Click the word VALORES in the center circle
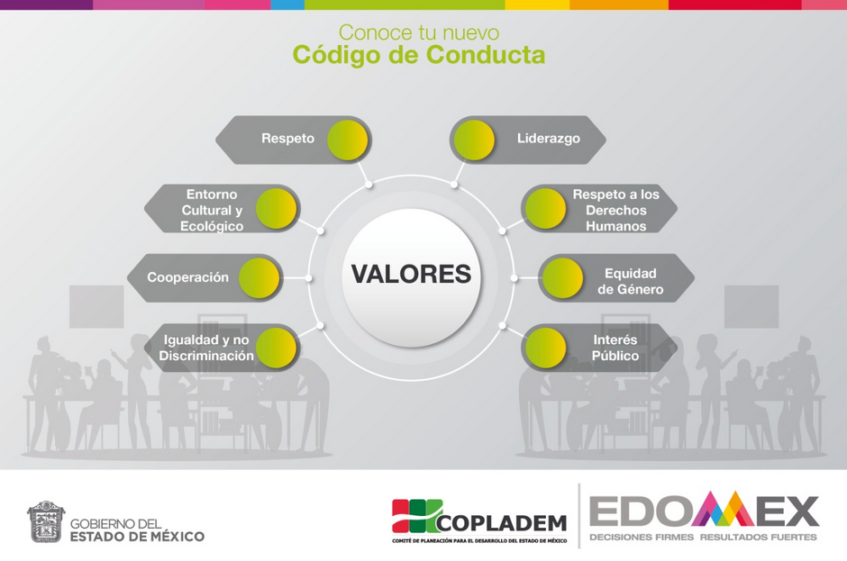[411, 274]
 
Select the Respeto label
[288, 139]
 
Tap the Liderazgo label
[548, 139]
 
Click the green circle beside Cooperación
[260, 277]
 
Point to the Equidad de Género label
[631, 281]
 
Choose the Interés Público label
[615, 348]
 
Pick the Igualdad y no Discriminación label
[206, 348]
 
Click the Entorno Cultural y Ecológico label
[212, 210]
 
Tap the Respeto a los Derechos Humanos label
[616, 210]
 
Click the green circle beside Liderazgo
[474, 140]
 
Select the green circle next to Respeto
[347, 140]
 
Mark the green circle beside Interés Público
[545, 348]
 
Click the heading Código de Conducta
[419, 56]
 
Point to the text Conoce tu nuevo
[419, 32]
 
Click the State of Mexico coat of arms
[46, 521]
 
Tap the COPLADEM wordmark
[502, 522]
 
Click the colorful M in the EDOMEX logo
[723, 509]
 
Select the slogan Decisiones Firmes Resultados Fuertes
[704, 538]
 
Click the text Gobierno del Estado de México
[137, 530]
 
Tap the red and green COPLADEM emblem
[417, 516]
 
